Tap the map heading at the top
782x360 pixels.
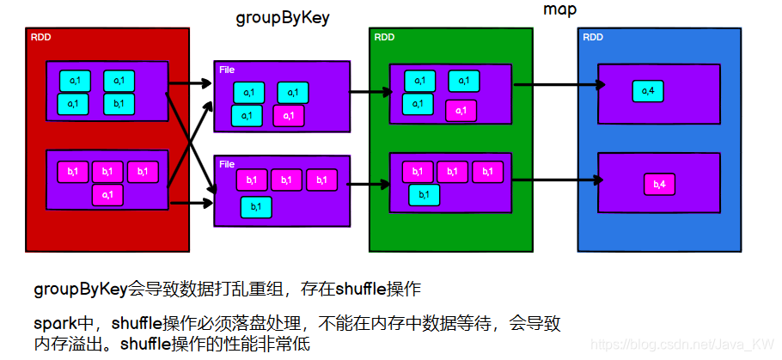click(559, 9)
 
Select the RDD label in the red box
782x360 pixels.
click(40, 37)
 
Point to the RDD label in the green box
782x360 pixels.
click(384, 37)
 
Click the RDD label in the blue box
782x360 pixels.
click(592, 37)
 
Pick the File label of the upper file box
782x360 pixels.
click(226, 69)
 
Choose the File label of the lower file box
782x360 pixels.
click(227, 163)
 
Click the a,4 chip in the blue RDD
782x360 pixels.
click(649, 89)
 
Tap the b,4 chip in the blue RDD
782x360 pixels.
click(661, 184)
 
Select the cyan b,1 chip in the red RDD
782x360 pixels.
click(119, 104)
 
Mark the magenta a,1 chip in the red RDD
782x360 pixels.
click(107, 196)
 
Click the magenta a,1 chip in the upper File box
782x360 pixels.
click(290, 115)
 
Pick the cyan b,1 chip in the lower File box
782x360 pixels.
click(256, 206)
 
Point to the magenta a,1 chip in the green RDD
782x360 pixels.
click(461, 110)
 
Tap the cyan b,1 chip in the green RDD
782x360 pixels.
click(425, 195)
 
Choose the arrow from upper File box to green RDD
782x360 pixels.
click(370, 88)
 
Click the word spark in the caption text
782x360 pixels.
click(52, 325)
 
